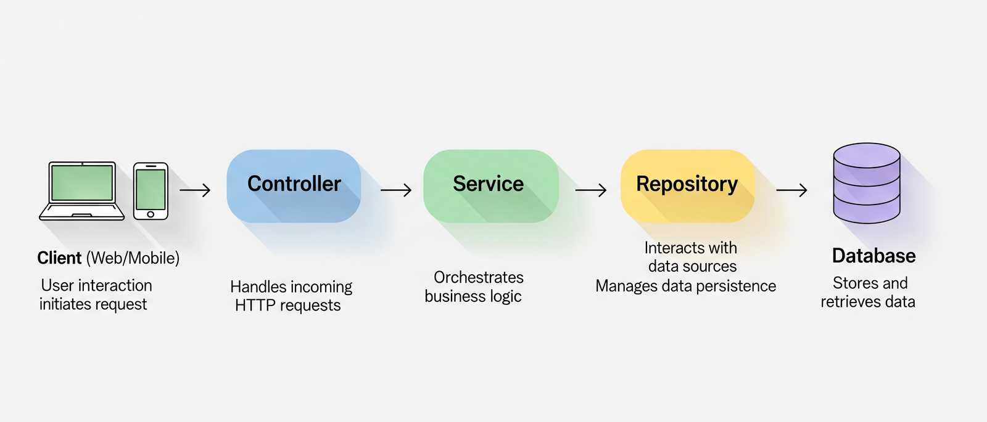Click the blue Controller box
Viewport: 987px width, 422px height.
(x=294, y=185)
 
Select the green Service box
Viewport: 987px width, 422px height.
(x=490, y=185)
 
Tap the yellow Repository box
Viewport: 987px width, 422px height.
(x=687, y=185)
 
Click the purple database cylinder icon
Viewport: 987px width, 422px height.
(x=866, y=183)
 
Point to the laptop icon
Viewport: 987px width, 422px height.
(x=82, y=190)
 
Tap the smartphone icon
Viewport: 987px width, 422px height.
(x=151, y=191)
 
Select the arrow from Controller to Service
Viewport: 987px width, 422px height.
(x=396, y=190)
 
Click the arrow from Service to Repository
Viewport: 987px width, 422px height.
(x=591, y=190)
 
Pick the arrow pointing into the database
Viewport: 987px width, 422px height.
(x=791, y=190)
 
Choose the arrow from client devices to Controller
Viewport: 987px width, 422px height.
(x=195, y=190)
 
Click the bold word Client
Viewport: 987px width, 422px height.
(x=59, y=258)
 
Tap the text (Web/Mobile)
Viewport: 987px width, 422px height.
(x=133, y=258)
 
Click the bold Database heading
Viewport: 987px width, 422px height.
(x=873, y=256)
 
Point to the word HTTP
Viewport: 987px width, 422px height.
(x=255, y=306)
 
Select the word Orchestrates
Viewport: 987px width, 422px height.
(x=479, y=277)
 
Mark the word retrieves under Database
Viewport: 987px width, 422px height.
(x=850, y=302)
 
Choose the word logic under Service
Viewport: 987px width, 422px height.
(x=505, y=296)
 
